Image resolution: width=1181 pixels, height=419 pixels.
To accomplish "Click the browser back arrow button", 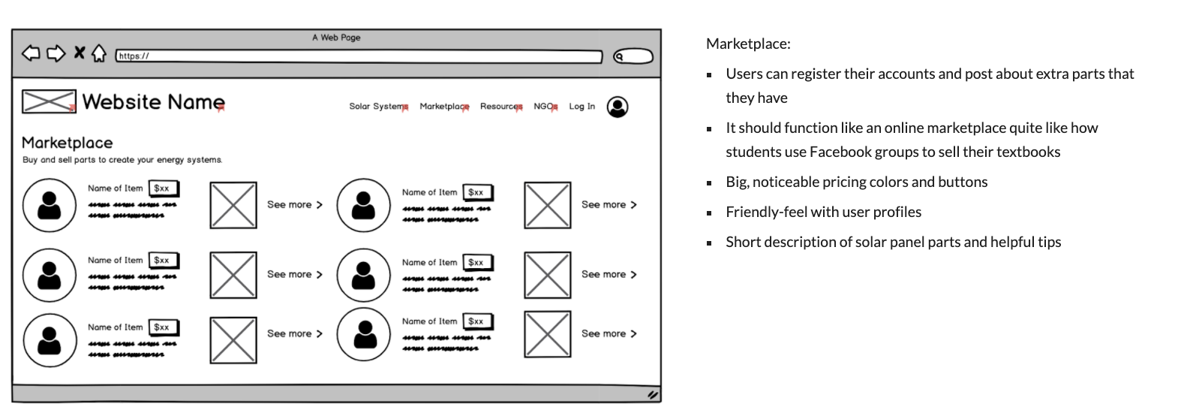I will tap(31, 53).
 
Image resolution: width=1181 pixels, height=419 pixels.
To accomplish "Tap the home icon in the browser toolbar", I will tap(98, 53).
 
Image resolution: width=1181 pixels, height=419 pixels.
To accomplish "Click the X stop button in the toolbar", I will tap(79, 53).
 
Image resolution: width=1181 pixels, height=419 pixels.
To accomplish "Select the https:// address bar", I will tap(359, 56).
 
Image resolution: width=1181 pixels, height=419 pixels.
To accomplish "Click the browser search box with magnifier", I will tap(633, 56).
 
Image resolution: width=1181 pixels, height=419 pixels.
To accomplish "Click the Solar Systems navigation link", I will tap(377, 107).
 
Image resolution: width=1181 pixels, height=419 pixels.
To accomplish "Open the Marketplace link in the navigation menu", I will tap(443, 107).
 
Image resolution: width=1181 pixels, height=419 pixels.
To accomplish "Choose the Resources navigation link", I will tap(500, 107).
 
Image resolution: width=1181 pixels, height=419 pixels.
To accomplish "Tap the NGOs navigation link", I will tap(545, 107).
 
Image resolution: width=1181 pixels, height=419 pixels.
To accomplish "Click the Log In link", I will tap(581, 107).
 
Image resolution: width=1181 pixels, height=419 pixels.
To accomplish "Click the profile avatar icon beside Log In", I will tap(618, 107).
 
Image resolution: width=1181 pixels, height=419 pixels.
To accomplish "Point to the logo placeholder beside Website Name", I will tap(49, 101).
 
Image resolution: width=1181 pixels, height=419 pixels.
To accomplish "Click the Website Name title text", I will tap(153, 102).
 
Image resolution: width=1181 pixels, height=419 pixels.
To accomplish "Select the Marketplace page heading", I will tap(68, 143).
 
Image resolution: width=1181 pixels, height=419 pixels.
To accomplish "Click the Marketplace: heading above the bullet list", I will tap(748, 44).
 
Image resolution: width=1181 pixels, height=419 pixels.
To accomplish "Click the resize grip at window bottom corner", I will tap(653, 394).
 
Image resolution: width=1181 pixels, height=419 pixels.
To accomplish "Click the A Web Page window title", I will tap(336, 38).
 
